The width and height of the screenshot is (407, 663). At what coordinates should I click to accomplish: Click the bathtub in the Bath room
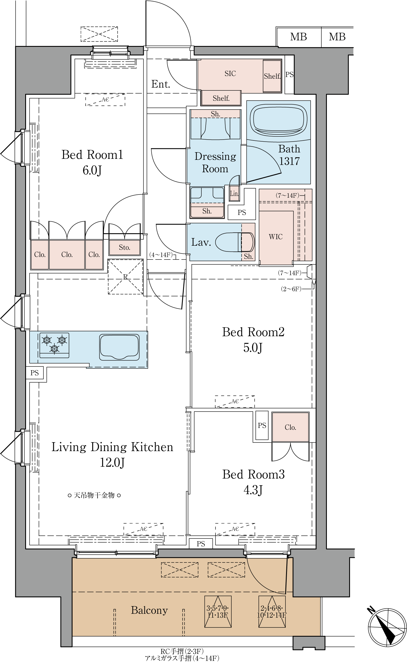coord(279,119)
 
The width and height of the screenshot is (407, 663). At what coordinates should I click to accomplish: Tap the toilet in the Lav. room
coord(235,242)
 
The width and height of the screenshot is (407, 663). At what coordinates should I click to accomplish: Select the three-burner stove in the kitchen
coord(54,345)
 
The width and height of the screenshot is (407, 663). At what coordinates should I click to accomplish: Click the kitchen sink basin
coord(119,347)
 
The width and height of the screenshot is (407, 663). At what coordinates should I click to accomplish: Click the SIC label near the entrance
coord(230,74)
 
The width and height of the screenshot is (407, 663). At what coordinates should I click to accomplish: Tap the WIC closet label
coord(276,237)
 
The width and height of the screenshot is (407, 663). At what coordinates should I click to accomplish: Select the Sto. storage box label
coord(125,247)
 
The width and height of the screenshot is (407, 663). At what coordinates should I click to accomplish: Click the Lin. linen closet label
coord(234,194)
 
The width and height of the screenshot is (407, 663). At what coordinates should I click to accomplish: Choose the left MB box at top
coord(299,37)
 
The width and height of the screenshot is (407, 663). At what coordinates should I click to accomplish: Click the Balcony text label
coord(149,610)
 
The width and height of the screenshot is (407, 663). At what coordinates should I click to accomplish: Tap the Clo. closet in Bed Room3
coord(290,427)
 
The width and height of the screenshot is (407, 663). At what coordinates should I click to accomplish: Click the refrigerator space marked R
coord(126,277)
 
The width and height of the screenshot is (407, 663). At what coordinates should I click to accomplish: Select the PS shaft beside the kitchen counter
coord(35,373)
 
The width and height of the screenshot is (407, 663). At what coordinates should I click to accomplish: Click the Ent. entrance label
coord(161,84)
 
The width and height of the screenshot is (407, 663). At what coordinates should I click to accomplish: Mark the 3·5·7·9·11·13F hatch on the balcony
coord(218,612)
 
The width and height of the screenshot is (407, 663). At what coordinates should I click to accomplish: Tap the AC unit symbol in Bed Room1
coord(105,100)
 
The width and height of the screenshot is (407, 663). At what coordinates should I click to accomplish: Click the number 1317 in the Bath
coord(290,161)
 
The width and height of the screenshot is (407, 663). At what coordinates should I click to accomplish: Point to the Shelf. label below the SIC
coord(221,98)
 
